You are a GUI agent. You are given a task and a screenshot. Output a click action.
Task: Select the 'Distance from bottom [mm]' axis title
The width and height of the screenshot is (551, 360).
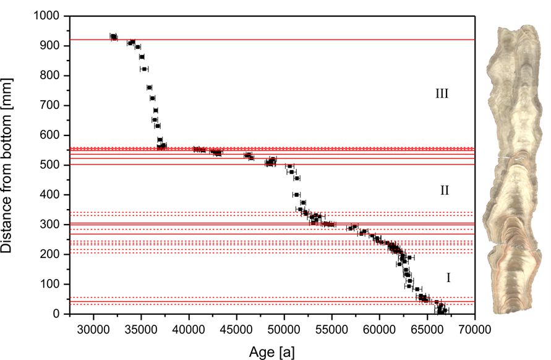14,165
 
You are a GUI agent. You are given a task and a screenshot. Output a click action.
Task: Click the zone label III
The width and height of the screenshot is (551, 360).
442,94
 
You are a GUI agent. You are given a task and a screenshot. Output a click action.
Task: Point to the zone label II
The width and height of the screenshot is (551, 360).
444,191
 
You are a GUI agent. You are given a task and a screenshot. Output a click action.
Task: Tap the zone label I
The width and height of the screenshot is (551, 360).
448,278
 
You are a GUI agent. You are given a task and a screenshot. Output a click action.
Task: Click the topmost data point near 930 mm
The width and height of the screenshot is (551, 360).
113,36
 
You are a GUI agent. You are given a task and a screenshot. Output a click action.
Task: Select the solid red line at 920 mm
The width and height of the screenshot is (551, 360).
309,40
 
